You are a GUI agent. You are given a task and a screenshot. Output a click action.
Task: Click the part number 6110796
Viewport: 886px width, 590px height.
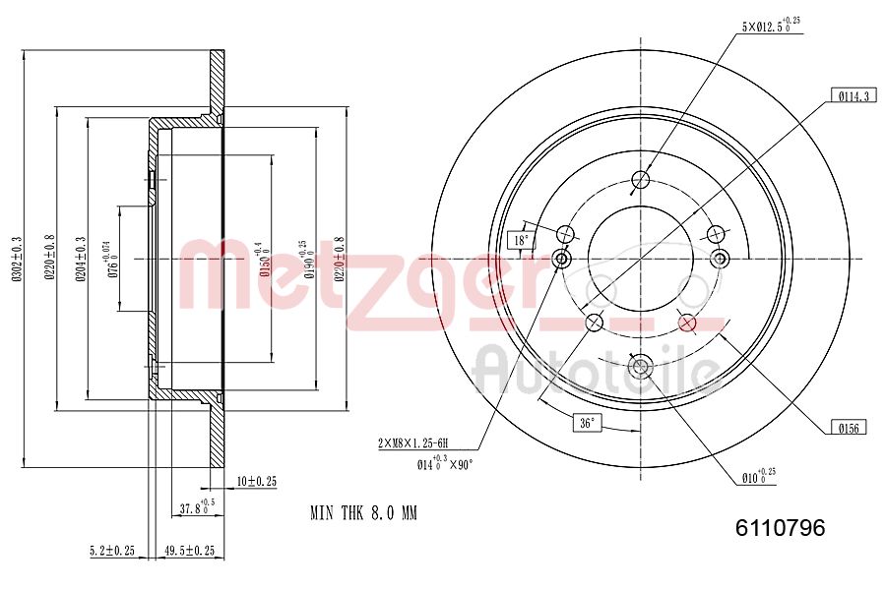click(780, 528)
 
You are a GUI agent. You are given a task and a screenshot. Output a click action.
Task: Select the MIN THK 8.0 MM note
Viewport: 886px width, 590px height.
click(364, 513)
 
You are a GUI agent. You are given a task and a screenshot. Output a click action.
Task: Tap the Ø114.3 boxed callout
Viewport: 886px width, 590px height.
click(853, 96)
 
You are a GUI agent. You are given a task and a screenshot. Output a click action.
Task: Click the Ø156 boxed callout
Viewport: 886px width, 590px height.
click(848, 427)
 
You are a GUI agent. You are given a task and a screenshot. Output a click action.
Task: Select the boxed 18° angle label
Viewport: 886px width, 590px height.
click(520, 239)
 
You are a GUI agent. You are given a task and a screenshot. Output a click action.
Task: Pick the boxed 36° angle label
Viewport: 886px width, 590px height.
click(588, 423)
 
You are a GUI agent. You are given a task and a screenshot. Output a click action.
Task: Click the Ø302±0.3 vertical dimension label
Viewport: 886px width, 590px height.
click(16, 259)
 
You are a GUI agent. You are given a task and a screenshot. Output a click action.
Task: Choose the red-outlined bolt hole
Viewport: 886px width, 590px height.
click(687, 323)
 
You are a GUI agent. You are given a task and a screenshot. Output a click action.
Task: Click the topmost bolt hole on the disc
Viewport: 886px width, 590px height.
click(640, 179)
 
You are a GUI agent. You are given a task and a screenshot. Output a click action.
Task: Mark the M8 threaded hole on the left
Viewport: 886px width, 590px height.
click(562, 259)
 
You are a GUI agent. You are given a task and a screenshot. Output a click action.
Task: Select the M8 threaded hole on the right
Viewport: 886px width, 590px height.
click(719, 259)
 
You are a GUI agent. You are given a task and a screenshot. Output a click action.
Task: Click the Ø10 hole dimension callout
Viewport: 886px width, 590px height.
click(759, 477)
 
